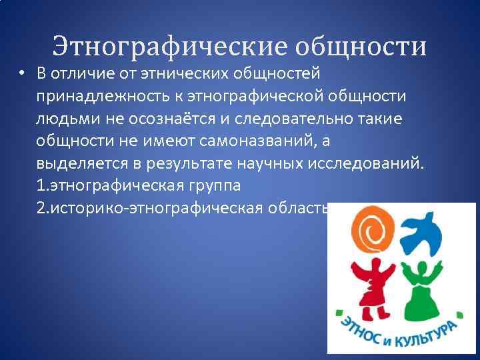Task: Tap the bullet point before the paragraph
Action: click(23, 73)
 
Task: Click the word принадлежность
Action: click(102, 97)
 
